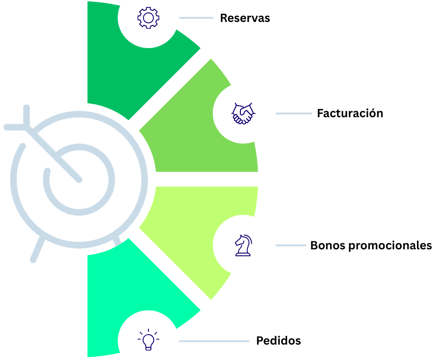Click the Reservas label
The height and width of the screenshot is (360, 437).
coord(245,18)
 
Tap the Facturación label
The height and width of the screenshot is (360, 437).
coord(350,113)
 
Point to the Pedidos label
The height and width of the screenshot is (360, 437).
coord(278,341)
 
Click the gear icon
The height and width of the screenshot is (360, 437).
coord(148,18)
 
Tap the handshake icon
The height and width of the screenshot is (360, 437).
coord(243,113)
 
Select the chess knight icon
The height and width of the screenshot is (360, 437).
coord(243,245)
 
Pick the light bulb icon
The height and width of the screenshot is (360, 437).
coord(148,340)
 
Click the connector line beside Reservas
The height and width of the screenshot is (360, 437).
coord(196,18)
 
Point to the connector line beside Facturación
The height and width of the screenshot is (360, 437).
coord(293,113)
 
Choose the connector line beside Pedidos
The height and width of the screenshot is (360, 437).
coord(214,341)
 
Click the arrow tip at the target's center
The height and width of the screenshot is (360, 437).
coord(79,179)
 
